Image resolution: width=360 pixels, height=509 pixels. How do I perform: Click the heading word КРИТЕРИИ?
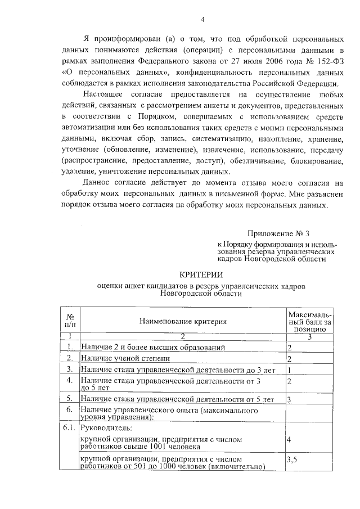(201, 274)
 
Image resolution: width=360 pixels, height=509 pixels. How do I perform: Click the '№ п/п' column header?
(70, 321)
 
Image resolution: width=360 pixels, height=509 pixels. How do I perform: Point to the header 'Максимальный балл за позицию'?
(309, 321)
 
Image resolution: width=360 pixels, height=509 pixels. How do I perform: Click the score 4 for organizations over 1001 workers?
(289, 439)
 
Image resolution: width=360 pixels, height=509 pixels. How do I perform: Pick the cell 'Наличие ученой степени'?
(125, 358)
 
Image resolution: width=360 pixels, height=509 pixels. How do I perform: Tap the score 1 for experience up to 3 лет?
(289, 370)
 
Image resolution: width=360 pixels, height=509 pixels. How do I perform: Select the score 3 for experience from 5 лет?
(289, 399)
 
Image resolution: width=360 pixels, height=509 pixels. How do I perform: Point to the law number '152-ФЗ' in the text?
(330, 61)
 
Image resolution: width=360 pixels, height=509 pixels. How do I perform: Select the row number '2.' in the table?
(69, 358)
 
